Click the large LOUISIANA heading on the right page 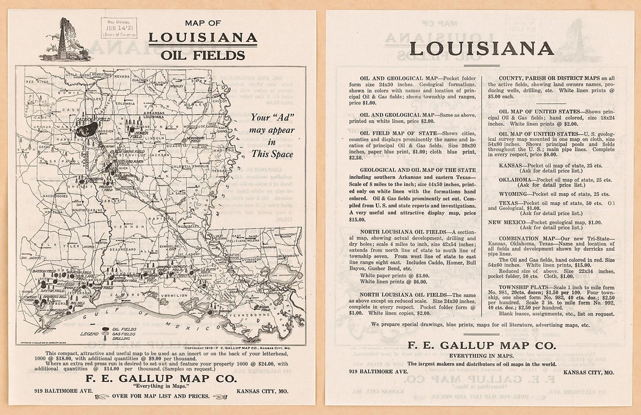[x=481, y=48]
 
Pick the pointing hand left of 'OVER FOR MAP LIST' [x=103, y=396]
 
